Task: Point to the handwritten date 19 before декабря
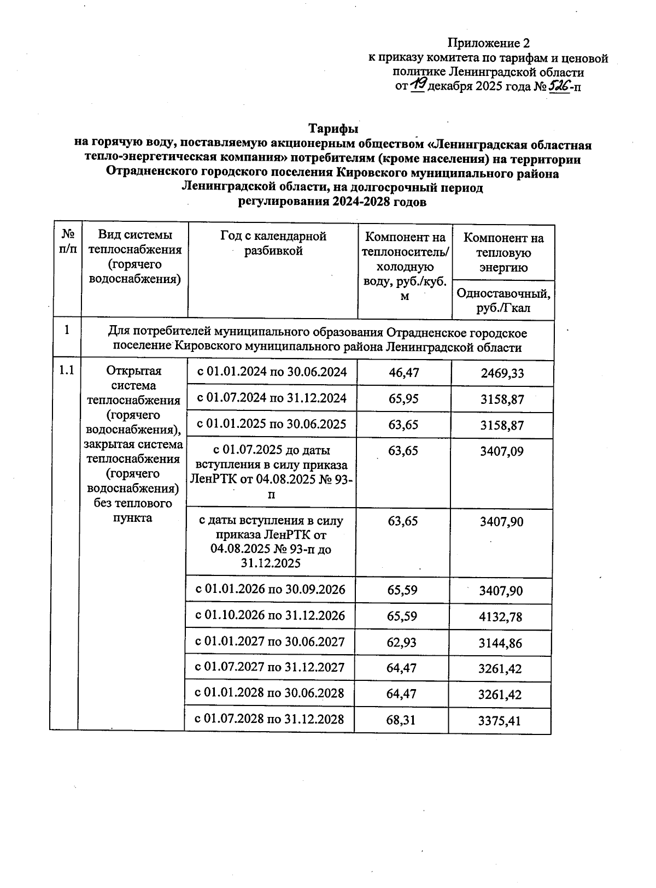[418, 84]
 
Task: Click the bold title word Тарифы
[333, 129]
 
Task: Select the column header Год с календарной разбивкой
[273, 244]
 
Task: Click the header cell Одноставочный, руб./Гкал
[503, 301]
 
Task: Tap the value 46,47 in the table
[403, 373]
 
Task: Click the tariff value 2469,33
[502, 373]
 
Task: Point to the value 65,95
[403, 399]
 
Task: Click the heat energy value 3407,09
[501, 451]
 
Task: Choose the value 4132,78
[500, 617]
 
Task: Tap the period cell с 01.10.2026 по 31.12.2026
[271, 615]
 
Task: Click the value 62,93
[402, 643]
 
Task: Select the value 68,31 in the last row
[401, 720]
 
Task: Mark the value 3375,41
[499, 721]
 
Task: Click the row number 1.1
[66, 371]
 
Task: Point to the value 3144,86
[500, 643]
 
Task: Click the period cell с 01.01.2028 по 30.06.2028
[270, 693]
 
